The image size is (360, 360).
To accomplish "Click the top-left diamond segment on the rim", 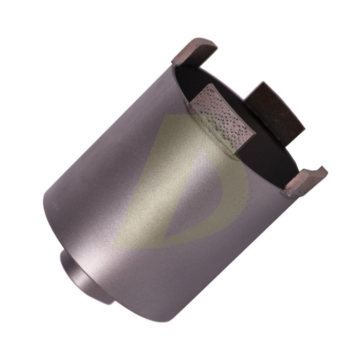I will (x=194, y=52).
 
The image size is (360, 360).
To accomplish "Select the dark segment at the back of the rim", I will (x=275, y=111).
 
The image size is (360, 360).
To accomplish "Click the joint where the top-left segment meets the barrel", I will (x=177, y=65).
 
